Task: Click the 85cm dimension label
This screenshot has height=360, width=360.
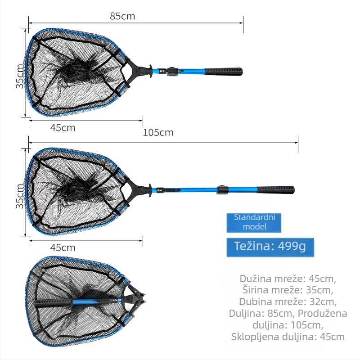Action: tap(122, 16)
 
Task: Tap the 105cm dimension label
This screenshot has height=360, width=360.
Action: tap(158, 133)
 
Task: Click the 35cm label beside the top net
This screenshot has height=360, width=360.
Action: tap(20, 76)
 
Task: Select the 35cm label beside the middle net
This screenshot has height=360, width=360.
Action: tap(20, 196)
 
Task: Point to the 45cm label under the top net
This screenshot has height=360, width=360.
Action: tap(63, 128)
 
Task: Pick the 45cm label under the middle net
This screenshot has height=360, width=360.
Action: tap(63, 247)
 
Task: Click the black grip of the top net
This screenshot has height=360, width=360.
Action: tap(224, 72)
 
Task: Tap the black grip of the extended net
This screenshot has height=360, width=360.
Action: tap(275, 190)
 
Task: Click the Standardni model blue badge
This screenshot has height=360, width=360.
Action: tap(254, 223)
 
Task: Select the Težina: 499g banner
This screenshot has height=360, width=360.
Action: tap(270, 247)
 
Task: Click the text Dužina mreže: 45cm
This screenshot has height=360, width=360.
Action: tap(288, 279)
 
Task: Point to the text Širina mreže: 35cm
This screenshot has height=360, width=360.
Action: tap(288, 290)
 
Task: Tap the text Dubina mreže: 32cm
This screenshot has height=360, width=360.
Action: tap(288, 301)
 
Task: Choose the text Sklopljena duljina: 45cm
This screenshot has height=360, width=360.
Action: tap(288, 337)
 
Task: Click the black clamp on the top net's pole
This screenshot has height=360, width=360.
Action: tap(173, 72)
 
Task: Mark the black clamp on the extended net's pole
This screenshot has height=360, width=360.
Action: tap(222, 189)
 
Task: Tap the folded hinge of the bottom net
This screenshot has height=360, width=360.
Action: tap(136, 300)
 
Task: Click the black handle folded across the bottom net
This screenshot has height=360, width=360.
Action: tap(53, 303)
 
